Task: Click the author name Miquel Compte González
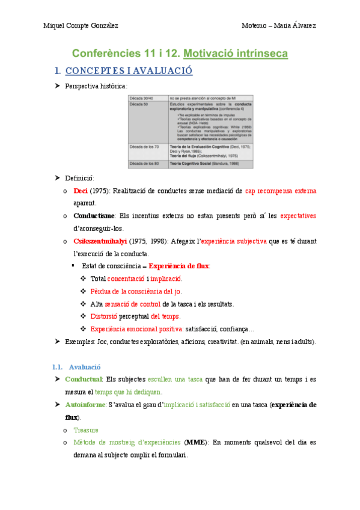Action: coord(81,25)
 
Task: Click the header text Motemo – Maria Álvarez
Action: coord(278,25)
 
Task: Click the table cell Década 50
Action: coord(140,105)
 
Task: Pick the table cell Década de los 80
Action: coord(145,164)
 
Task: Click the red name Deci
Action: coord(81,191)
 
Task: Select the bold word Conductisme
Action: coord(95,216)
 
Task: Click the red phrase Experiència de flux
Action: coord(179,266)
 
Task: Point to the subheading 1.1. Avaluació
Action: coord(76,367)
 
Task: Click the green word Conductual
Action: coord(84,379)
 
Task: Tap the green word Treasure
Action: coord(86,430)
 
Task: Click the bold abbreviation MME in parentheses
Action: coord(195,443)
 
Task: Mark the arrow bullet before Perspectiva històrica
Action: coord(57,87)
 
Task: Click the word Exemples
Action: coord(79,342)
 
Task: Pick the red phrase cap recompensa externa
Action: coord(281,191)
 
